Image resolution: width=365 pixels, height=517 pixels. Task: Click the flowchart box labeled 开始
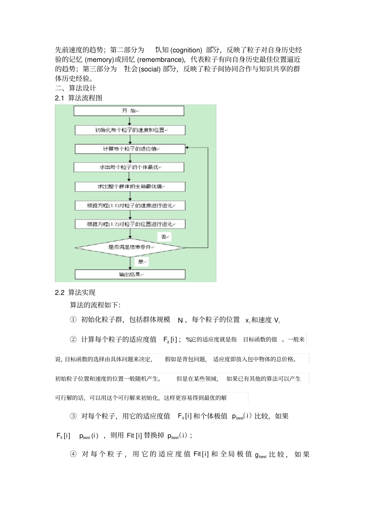[x=129, y=111]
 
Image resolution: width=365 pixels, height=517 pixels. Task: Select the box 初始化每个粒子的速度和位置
[x=130, y=130]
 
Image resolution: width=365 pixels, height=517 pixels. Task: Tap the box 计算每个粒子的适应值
[x=130, y=149]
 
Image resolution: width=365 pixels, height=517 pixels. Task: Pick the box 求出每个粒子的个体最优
[x=129, y=167]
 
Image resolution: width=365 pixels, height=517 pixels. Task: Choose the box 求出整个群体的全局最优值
[x=130, y=186]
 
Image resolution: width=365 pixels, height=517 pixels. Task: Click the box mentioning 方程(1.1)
[x=130, y=206]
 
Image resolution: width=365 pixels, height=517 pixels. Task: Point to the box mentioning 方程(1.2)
[x=130, y=224]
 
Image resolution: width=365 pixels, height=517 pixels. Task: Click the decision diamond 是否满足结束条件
[x=130, y=247]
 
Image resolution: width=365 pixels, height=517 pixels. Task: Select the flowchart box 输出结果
[x=130, y=274]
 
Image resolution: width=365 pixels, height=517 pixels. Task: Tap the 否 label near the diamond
[x=164, y=237]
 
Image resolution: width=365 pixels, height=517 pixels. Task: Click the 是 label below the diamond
[x=141, y=262]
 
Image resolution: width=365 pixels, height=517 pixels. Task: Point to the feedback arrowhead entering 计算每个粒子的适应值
[x=187, y=148]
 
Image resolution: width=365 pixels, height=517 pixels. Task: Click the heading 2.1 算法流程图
[x=79, y=98]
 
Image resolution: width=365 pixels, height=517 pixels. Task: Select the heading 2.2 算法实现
[x=75, y=293]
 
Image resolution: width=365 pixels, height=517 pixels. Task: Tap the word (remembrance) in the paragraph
[x=161, y=60]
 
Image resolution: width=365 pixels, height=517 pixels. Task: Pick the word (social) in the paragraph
[x=149, y=69]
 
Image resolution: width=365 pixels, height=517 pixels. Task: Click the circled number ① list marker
[x=73, y=320]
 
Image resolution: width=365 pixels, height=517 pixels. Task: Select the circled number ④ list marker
[x=73, y=454]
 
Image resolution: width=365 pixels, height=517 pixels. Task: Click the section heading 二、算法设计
[x=75, y=88]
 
